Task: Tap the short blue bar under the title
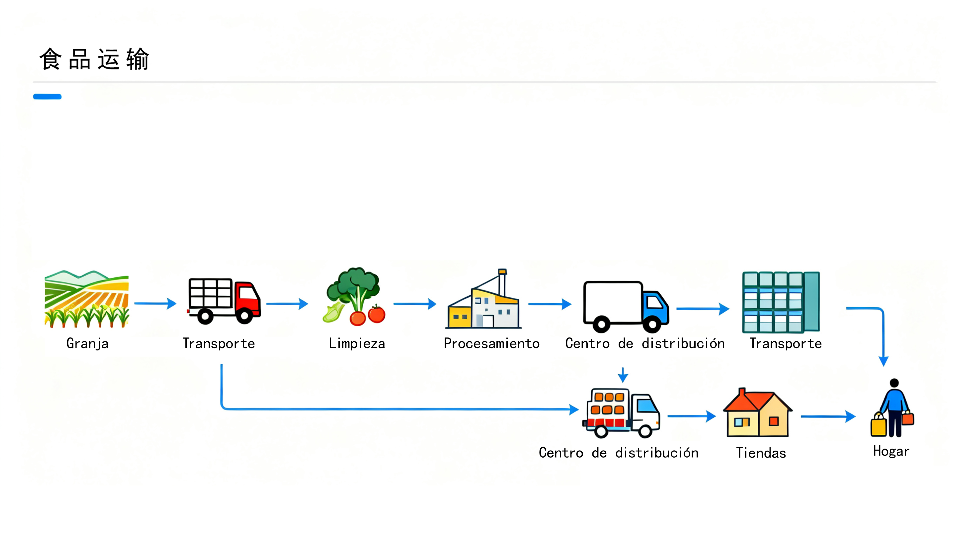tap(47, 97)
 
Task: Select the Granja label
tap(87, 343)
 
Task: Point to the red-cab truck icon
tap(224, 301)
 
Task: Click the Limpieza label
tap(357, 343)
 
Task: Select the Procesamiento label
tap(491, 343)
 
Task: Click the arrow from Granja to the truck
tap(155, 303)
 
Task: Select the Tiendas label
tap(761, 453)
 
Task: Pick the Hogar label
tap(891, 451)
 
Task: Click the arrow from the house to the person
tap(828, 417)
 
